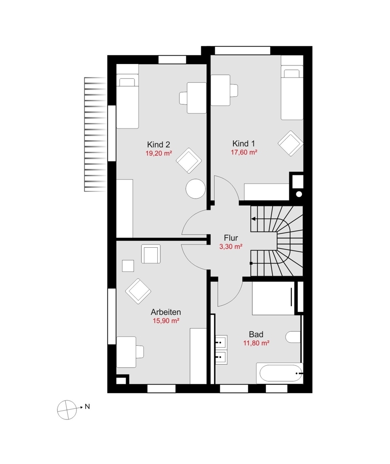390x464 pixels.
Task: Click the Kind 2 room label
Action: pos(159,145)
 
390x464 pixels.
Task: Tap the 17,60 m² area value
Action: pos(244,152)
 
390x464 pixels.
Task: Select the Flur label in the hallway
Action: pos(231,238)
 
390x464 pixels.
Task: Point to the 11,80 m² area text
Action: pos(256,343)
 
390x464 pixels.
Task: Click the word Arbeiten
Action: pos(166,312)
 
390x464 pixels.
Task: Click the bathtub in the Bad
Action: pos(280,373)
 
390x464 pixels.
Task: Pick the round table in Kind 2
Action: pos(195,189)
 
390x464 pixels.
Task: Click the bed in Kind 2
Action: pos(128,101)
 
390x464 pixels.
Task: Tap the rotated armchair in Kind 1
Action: pos(291,143)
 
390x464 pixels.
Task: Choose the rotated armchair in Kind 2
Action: pos(189,161)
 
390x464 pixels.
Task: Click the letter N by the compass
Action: pos(87,406)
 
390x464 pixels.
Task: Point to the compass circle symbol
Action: pos(67,410)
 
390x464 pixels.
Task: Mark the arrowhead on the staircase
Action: pos(253,219)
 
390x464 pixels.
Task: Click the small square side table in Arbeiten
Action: pos(128,266)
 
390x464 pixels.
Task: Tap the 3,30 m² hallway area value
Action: pos(231,247)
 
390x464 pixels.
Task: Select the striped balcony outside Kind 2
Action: pos(95,135)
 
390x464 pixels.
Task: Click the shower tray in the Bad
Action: pos(274,298)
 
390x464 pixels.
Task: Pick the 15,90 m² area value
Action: pos(166,321)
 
